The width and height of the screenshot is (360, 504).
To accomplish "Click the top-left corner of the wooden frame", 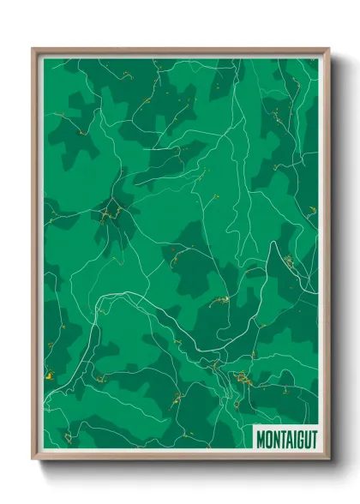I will click(x=33, y=49).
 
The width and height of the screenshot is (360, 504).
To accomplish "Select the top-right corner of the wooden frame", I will click(x=328, y=49).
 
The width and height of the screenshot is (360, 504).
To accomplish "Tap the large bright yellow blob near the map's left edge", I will click(x=49, y=374).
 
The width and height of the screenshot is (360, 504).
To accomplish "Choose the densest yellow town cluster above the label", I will click(x=242, y=376).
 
